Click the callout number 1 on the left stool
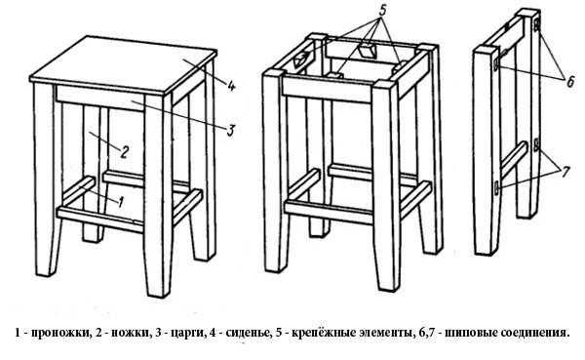pos(120,202)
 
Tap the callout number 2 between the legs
pos(124,152)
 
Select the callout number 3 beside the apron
pos(230,130)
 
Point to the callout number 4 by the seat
pos(230,87)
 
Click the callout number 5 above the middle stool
pos(382,11)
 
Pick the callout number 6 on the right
pos(570,81)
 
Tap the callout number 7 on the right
pos(565,172)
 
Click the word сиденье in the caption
pos(247,333)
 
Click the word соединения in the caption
pos(533,333)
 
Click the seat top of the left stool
pos(123,63)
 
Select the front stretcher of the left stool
pos(100,220)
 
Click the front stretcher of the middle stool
pos(329,212)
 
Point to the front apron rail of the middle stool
pos(327,88)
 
